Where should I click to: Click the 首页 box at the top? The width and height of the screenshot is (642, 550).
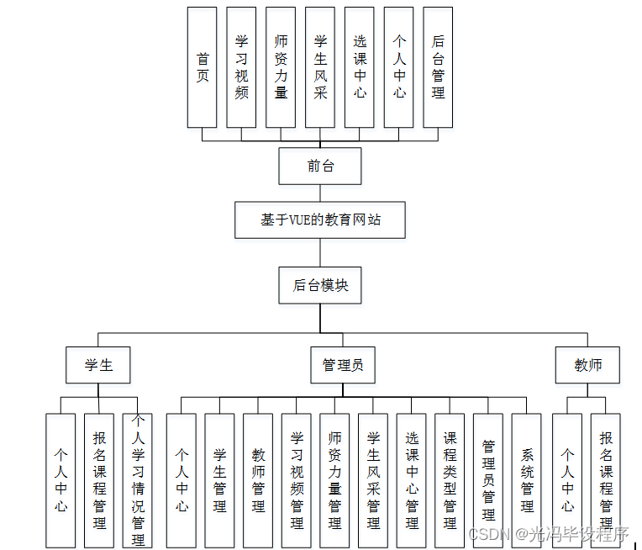pos(202,67)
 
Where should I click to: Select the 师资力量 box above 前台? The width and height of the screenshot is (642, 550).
pos(281,67)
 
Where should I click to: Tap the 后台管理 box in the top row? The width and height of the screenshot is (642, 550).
pos(438,67)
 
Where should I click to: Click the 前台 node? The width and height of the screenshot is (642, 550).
pos(319,166)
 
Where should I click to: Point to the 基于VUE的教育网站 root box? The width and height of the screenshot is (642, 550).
pos(319,220)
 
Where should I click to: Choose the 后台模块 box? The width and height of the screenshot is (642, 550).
pos(319,285)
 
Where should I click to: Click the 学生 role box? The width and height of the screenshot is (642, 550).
pos(98,365)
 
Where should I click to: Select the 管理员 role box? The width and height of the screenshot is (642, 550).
pos(343,365)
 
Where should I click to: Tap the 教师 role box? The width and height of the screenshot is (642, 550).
pos(587,365)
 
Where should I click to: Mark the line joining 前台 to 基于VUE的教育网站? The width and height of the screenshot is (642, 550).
pos(319,193)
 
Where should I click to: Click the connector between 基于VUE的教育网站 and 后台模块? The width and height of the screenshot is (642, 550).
pos(319,253)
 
